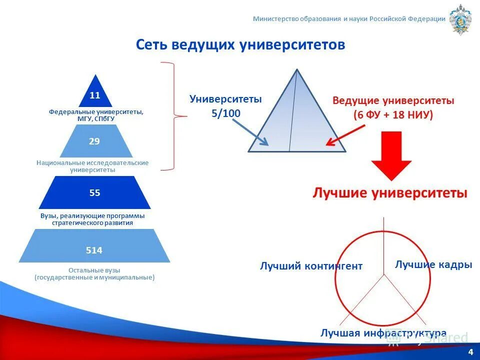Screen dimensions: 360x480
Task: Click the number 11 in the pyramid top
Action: coord(95,95)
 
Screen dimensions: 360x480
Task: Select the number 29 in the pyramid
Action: coord(94,141)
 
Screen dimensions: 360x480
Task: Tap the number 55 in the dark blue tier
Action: coord(94,192)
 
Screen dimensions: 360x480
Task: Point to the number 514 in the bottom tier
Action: coord(94,250)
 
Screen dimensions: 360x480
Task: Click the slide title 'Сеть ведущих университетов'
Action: coord(240,45)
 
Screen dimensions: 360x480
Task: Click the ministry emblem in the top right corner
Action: coord(460,19)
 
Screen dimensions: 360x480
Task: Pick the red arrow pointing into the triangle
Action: coord(345,135)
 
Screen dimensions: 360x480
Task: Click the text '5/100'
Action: coord(225,113)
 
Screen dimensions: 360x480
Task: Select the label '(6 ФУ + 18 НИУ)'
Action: coord(393,114)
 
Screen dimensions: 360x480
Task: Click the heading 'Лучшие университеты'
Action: coord(390,193)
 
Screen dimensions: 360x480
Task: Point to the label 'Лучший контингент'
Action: coord(311,266)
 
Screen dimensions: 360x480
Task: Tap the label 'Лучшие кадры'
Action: coord(433,264)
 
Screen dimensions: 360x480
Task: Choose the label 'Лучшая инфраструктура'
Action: coord(383,333)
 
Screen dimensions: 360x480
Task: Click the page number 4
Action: coord(470,352)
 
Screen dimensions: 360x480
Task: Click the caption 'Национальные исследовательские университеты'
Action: coord(92,166)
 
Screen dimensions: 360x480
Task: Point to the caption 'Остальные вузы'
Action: coord(94,270)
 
